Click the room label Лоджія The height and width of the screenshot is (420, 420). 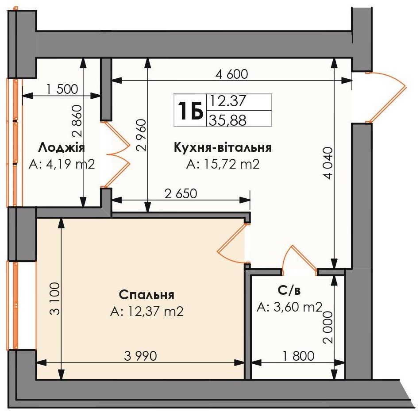(62, 147)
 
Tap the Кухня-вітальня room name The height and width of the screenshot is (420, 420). (223, 147)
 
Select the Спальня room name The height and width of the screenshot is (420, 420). (146, 295)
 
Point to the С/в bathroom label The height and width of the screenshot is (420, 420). (289, 290)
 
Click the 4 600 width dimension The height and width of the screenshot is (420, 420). (232, 74)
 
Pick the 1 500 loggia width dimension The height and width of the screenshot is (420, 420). (62, 89)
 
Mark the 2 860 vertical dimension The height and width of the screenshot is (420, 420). (77, 121)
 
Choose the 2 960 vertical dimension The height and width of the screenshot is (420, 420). (141, 135)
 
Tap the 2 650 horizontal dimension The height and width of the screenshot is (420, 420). (181, 193)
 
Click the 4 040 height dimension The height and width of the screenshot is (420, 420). (328, 163)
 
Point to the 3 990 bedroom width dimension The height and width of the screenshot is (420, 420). (141, 356)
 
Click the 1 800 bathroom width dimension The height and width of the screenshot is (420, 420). (299, 356)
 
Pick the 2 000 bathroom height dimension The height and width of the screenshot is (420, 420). (328, 328)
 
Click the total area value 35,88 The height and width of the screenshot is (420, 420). (227, 120)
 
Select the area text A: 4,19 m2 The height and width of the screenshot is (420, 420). (62, 164)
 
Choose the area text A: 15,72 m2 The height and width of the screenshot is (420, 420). (223, 164)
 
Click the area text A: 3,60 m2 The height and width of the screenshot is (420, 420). (289, 307)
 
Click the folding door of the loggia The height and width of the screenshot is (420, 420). (116, 154)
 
